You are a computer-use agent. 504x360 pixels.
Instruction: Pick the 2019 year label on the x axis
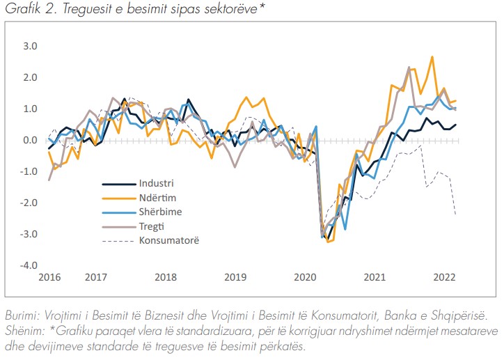[235, 277]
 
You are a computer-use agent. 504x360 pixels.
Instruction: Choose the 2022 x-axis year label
[446, 277]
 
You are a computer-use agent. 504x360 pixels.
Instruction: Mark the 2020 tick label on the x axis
[306, 277]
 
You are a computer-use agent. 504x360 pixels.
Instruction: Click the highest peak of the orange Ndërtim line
[432, 57]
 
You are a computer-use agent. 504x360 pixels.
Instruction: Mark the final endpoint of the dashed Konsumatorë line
[456, 215]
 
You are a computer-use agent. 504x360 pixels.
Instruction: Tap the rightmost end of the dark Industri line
[456, 125]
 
